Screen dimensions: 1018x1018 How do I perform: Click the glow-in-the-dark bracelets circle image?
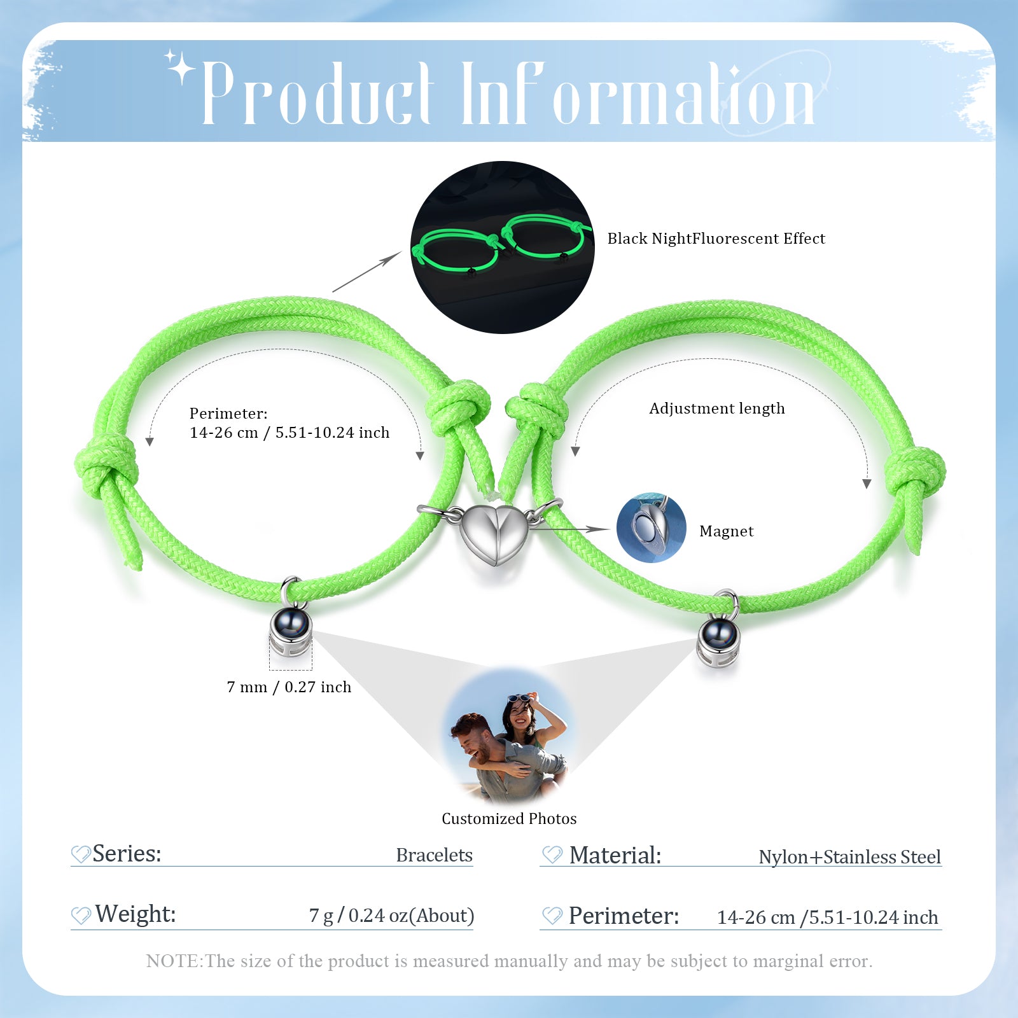coord(502,248)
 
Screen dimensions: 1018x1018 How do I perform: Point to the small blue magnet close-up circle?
coord(652,527)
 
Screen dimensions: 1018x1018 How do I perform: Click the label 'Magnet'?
coord(726,531)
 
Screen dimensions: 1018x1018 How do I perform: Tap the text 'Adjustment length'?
coord(716,408)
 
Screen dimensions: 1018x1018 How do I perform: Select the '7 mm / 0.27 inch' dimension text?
coord(289,687)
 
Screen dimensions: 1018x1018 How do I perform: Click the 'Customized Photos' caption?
coord(509,819)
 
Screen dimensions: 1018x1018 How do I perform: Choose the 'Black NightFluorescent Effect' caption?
coord(716,239)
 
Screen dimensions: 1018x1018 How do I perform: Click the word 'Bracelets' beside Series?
coord(434,854)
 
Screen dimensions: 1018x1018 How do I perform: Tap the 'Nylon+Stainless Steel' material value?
coord(849,857)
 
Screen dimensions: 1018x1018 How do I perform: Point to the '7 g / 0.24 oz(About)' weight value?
coord(391,916)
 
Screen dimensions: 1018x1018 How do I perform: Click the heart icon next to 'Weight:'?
coord(81,916)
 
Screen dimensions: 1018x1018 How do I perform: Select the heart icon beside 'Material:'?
coord(552,855)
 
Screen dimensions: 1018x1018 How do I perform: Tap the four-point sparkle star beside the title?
coord(181,67)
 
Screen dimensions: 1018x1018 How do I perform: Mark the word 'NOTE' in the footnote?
coord(172,961)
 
